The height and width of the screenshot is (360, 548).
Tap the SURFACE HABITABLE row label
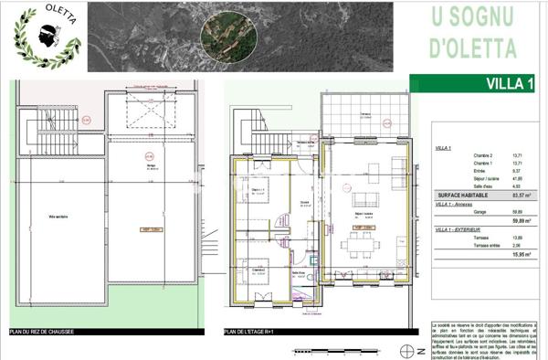click(x=462, y=196)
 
